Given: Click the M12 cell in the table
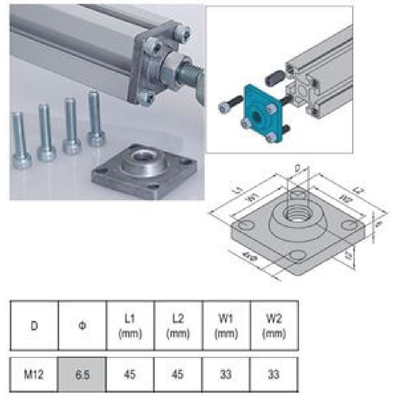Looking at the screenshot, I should click(x=34, y=374).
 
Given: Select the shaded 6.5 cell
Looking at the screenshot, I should click(x=82, y=374).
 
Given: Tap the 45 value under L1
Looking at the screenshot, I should click(x=130, y=374).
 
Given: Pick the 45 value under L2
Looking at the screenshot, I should click(x=178, y=374).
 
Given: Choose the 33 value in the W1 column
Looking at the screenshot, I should click(x=226, y=374).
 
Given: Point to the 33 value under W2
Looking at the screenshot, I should click(x=274, y=374).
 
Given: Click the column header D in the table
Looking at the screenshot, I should click(x=34, y=327).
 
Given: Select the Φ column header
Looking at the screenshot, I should click(x=82, y=327).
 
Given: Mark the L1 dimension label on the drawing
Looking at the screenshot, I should click(x=238, y=189).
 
